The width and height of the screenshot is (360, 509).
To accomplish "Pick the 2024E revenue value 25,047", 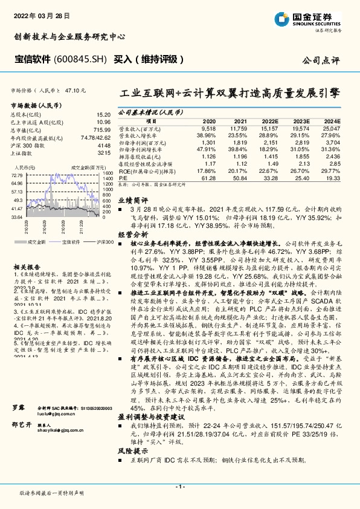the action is (332, 129).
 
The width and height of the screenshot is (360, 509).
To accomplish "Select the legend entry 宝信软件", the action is (71, 242).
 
